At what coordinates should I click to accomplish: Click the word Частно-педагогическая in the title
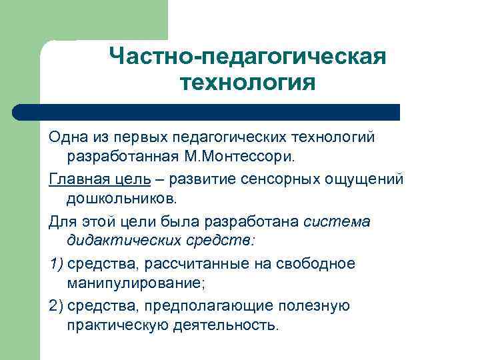coord(247,57)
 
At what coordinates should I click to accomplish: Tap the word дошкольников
coord(121,199)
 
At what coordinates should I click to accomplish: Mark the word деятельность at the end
coord(231,326)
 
